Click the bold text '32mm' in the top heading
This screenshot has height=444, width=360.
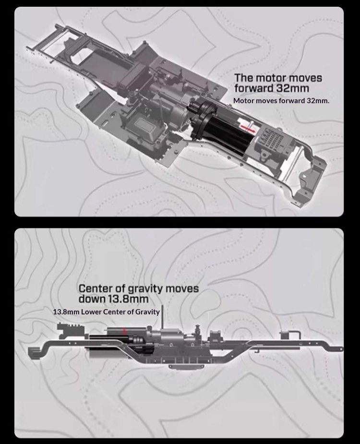click(293, 89)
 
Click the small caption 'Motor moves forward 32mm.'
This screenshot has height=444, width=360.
click(281, 101)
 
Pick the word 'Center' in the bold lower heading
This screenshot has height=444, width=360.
click(96, 288)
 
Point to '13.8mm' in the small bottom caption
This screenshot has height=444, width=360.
click(66, 312)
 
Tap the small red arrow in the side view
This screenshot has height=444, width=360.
click(124, 330)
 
